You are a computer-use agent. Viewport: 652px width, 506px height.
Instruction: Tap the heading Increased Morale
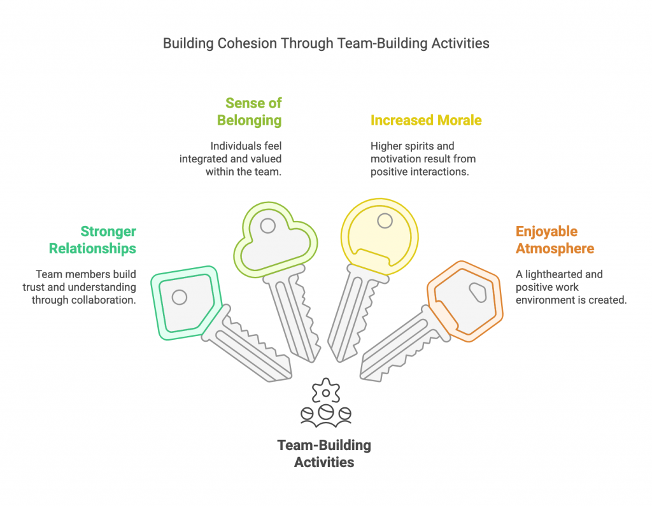point(426,120)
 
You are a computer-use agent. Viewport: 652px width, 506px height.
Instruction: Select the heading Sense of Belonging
point(250,111)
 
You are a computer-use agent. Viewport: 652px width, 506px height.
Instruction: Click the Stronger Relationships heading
point(93,240)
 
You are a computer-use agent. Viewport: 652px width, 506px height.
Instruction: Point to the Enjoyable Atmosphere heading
point(555,240)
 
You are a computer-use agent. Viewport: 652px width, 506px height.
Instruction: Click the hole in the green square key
point(179,297)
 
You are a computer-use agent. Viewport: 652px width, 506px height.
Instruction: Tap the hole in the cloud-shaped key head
point(268,226)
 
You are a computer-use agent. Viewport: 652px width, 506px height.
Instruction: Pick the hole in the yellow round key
point(385,221)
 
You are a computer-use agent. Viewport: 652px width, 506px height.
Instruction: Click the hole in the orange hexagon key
point(478,292)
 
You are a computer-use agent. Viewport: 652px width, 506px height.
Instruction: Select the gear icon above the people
point(326,391)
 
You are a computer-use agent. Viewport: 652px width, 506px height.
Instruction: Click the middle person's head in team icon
point(326,412)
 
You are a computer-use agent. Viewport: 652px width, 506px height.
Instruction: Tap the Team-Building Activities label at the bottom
point(324,454)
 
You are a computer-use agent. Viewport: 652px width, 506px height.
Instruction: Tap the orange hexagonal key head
point(465,301)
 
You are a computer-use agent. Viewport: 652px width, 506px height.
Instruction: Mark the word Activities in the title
point(460,43)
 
